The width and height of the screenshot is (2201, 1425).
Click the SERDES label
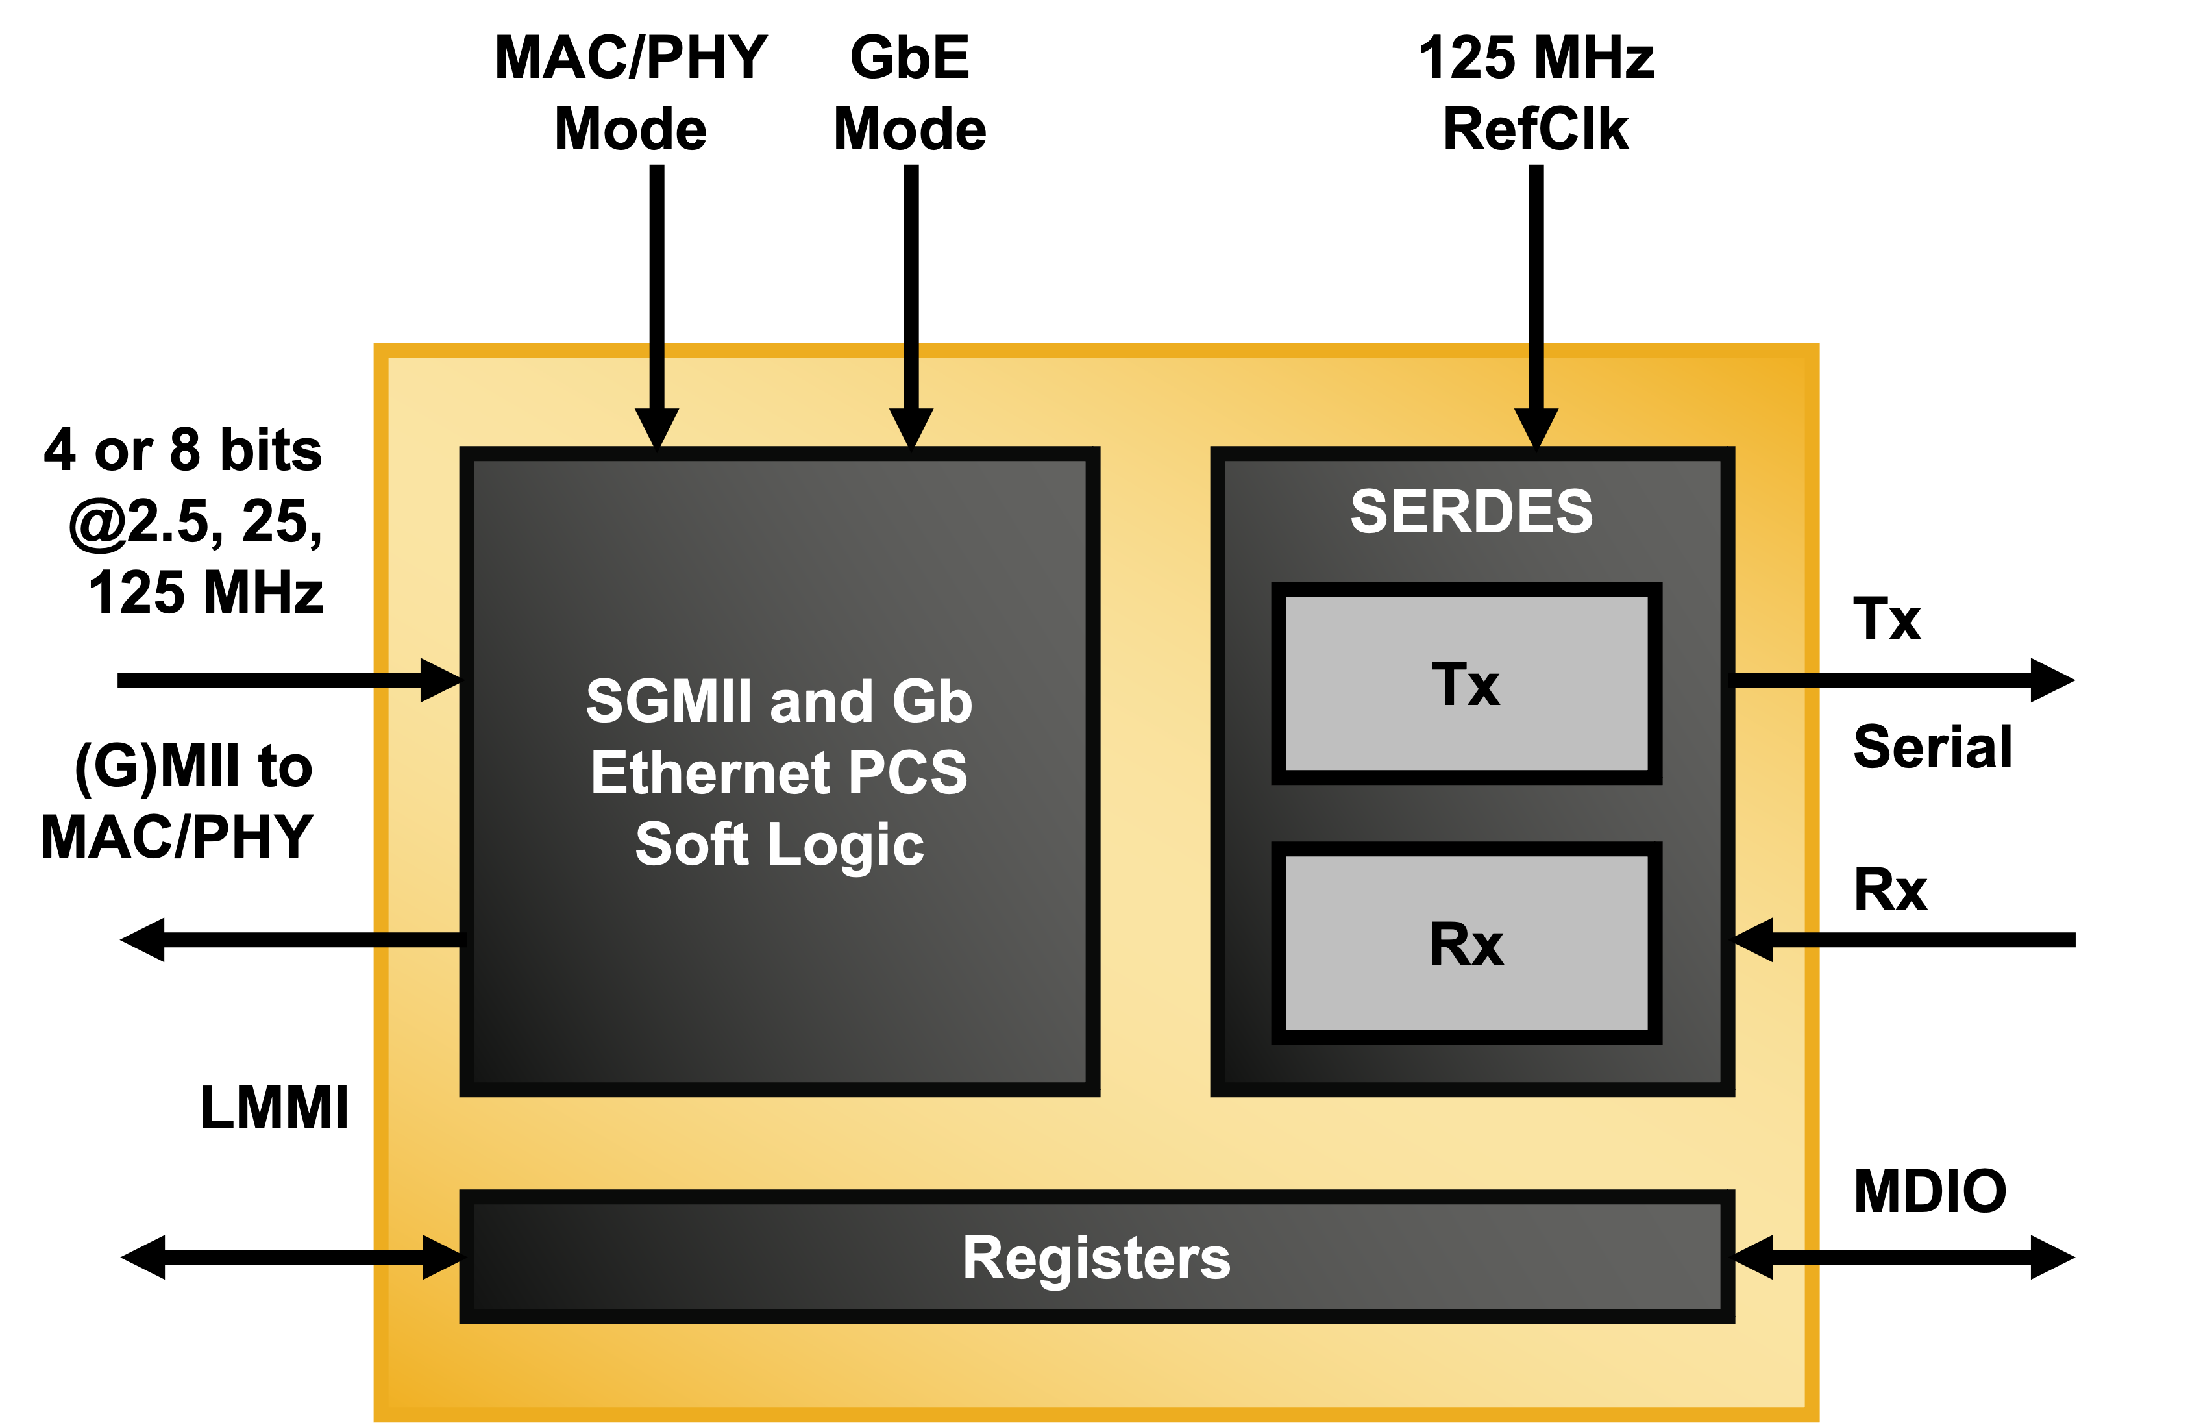click(x=1471, y=512)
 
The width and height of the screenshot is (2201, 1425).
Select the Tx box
click(x=1467, y=684)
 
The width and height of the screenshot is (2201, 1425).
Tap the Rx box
click(x=1467, y=943)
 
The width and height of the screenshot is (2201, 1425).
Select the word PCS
click(x=907, y=773)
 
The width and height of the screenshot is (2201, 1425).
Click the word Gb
click(x=932, y=701)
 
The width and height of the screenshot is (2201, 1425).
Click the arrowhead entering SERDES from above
click(x=1536, y=427)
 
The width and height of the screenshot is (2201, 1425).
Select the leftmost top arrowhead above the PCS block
click(x=657, y=427)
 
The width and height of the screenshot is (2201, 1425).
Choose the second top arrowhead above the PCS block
click(x=911, y=427)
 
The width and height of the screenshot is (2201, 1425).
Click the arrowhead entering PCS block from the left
click(x=439, y=680)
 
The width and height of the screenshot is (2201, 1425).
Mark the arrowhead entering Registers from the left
click(x=441, y=1257)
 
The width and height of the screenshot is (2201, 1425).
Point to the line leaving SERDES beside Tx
click(x=1776, y=680)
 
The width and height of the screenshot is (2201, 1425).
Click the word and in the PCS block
click(x=820, y=701)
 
